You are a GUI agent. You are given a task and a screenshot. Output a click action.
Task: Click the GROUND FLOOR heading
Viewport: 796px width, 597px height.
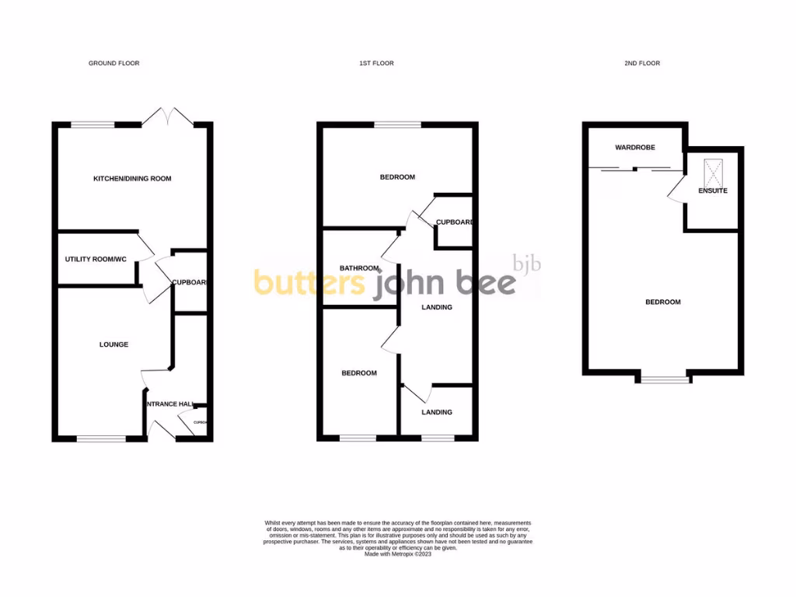point(113,63)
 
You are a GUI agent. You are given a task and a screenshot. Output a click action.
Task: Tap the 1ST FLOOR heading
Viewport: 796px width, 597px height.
point(376,63)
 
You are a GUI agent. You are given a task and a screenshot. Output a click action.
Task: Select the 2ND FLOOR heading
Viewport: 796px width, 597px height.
point(642,63)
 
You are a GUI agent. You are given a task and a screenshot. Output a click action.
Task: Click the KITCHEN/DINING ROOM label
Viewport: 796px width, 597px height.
point(132,179)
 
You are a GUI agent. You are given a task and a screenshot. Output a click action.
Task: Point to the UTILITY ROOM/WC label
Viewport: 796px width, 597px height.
point(95,259)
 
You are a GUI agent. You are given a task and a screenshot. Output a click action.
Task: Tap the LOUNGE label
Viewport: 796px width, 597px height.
point(113,344)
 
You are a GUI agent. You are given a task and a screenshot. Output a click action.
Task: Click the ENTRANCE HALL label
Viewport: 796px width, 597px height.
point(168,404)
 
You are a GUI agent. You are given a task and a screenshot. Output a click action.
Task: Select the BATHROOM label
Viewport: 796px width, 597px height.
point(358,268)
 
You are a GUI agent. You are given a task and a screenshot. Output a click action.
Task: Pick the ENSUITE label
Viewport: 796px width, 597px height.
point(713,190)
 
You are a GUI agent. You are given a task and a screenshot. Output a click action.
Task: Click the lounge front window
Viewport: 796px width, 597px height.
point(101,439)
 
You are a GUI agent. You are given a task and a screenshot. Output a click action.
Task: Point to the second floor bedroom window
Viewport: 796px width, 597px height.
point(665,379)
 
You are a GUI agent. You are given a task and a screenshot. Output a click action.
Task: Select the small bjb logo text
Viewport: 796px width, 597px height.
point(527,264)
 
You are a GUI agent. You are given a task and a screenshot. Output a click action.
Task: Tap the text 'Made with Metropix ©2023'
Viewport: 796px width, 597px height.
point(398,554)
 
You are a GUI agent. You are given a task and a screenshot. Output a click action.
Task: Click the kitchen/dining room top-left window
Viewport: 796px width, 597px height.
point(93,124)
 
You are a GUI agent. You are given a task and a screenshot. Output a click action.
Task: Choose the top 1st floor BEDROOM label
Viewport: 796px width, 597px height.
point(397,177)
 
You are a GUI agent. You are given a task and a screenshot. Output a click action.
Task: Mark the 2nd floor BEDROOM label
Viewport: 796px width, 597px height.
point(663,302)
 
